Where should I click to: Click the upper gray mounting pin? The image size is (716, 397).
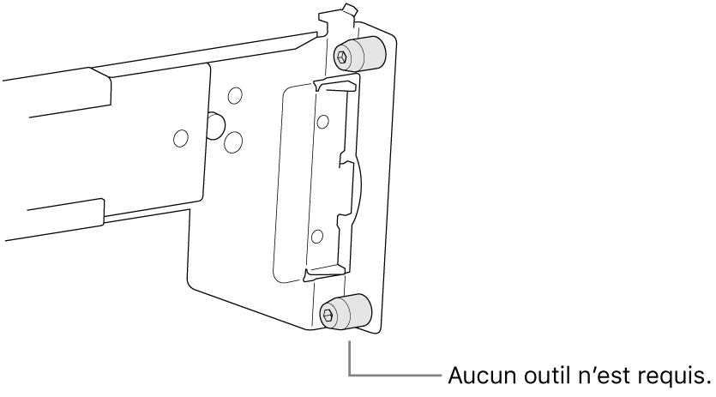point(360,53)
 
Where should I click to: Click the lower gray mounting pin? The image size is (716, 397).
point(346,311)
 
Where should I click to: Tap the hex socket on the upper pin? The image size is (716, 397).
point(342,57)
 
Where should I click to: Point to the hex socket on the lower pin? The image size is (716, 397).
point(328,315)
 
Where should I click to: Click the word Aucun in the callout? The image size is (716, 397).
point(482,376)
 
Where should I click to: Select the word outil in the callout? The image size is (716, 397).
point(546,376)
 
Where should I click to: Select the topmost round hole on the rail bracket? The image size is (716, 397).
point(235,95)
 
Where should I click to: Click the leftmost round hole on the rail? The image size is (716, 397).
point(181,138)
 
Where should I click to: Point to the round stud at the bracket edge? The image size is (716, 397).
point(214,125)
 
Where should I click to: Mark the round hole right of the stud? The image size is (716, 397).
point(233,142)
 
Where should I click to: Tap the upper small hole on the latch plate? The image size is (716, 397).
point(322,122)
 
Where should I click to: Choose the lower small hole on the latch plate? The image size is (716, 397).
point(317,236)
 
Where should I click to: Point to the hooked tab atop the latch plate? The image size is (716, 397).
point(334,86)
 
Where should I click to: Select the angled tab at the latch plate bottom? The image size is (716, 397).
point(322,274)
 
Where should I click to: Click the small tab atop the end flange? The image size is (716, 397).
point(349,9)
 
